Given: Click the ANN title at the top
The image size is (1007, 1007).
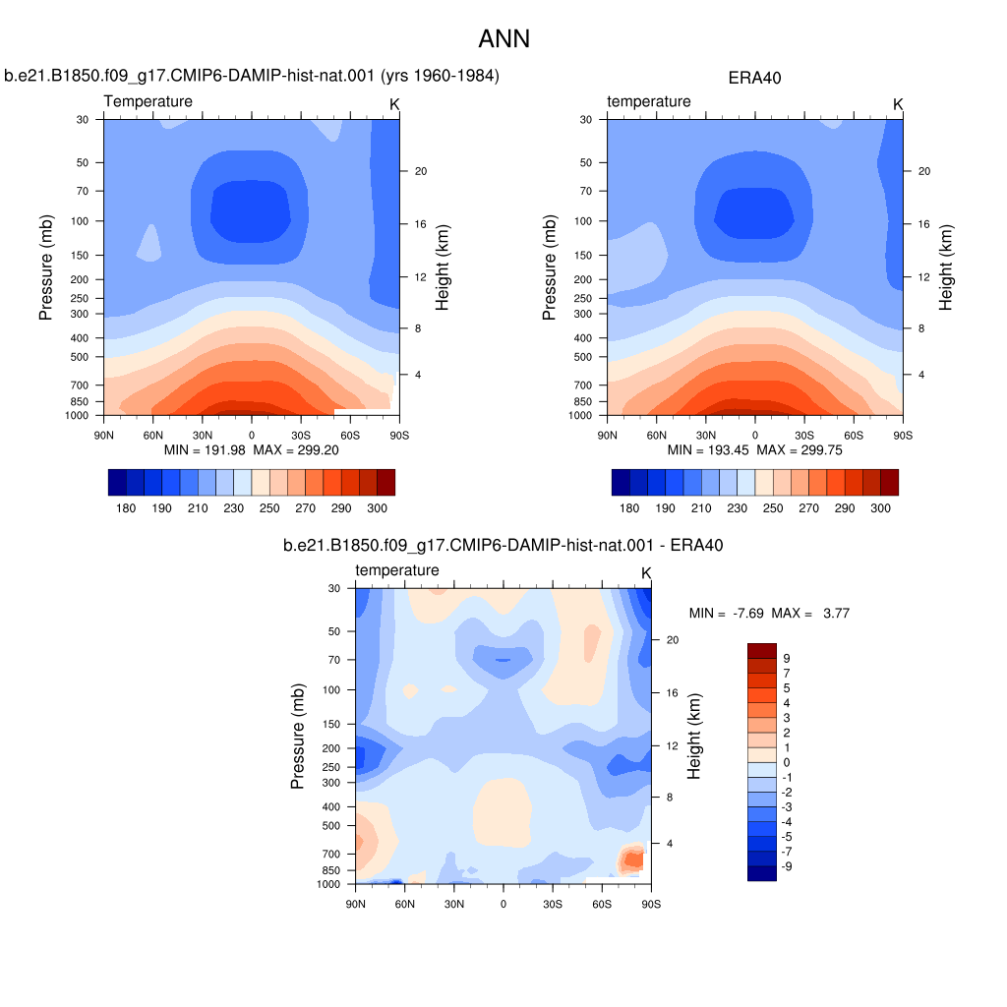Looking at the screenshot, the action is pyautogui.click(x=504, y=38).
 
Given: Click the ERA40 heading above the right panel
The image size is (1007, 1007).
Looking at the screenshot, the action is pyautogui.click(x=754, y=79).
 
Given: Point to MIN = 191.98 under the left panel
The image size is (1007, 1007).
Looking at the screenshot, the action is pyautogui.click(x=205, y=450).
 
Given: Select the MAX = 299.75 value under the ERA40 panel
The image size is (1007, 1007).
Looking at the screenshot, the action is pyautogui.click(x=800, y=450).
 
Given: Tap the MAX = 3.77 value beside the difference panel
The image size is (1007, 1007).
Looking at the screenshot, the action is pyautogui.click(x=810, y=614).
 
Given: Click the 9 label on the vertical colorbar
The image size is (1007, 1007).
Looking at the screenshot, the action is pyautogui.click(x=787, y=658).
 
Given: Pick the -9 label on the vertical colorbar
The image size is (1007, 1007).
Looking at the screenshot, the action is pyautogui.click(x=787, y=866).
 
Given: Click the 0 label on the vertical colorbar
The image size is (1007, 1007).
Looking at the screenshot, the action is pyautogui.click(x=787, y=762).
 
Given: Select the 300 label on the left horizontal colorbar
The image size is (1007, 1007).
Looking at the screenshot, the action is pyautogui.click(x=377, y=508).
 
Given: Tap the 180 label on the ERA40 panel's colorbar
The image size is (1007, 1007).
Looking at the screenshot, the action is pyautogui.click(x=629, y=508).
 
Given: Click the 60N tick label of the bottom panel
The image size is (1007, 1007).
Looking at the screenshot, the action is pyautogui.click(x=404, y=905).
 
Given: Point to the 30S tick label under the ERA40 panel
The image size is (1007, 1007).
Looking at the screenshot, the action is pyautogui.click(x=804, y=436).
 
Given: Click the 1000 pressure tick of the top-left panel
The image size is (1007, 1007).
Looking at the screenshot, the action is pyautogui.click(x=77, y=416).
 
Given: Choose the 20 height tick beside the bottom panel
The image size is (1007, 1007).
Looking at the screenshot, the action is pyautogui.click(x=673, y=639).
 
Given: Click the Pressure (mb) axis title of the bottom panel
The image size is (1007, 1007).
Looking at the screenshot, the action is pyautogui.click(x=297, y=736).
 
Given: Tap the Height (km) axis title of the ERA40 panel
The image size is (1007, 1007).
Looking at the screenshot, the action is pyautogui.click(x=945, y=267).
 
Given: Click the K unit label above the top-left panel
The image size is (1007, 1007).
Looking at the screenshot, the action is pyautogui.click(x=394, y=104).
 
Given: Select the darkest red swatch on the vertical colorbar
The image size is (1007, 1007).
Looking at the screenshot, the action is pyautogui.click(x=762, y=651).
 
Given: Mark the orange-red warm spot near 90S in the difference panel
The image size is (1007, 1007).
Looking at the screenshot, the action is pyautogui.click(x=632, y=859).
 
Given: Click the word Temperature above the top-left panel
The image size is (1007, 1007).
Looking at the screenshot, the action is pyautogui.click(x=148, y=101).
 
